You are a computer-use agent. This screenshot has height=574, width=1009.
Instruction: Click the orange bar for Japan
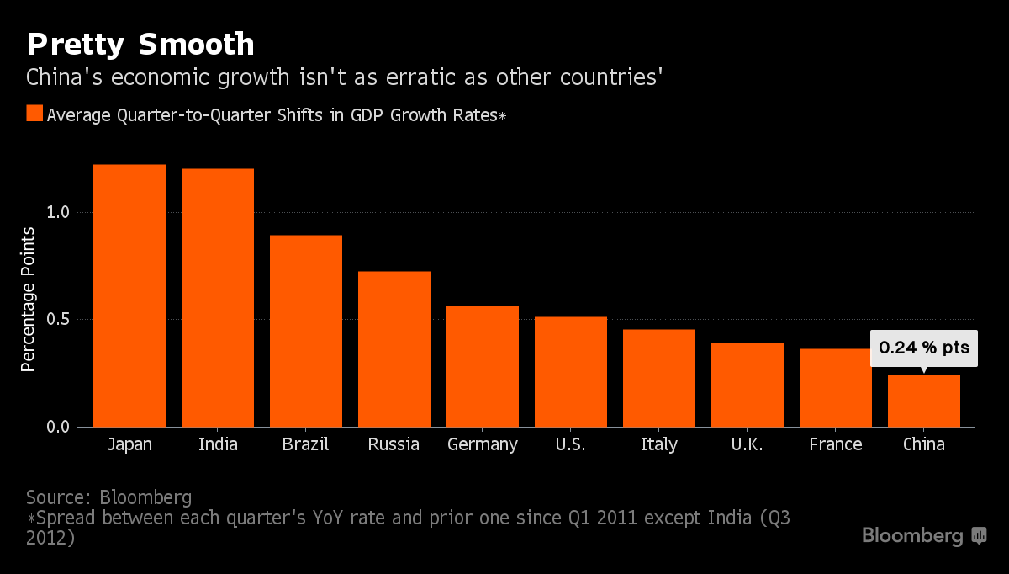click(129, 295)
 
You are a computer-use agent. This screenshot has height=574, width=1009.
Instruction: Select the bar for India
click(218, 298)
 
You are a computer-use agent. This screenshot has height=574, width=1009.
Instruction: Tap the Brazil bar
click(306, 331)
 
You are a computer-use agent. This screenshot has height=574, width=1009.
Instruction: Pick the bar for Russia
click(394, 349)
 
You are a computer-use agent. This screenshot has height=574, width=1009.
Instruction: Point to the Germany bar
click(483, 366)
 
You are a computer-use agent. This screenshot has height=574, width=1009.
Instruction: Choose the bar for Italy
click(659, 378)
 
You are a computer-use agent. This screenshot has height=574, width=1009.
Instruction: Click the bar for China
click(924, 401)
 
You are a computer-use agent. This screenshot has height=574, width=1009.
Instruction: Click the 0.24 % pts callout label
click(924, 347)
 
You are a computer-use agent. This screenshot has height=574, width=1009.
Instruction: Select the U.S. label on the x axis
click(571, 444)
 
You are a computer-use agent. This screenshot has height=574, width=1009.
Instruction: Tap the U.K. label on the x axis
click(748, 444)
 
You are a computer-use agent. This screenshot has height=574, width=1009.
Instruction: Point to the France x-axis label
click(836, 444)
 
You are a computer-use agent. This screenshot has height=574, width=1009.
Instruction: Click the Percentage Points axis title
click(29, 300)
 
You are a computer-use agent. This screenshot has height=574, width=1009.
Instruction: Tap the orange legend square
click(34, 114)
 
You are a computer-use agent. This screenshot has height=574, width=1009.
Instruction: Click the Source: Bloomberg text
click(109, 496)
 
